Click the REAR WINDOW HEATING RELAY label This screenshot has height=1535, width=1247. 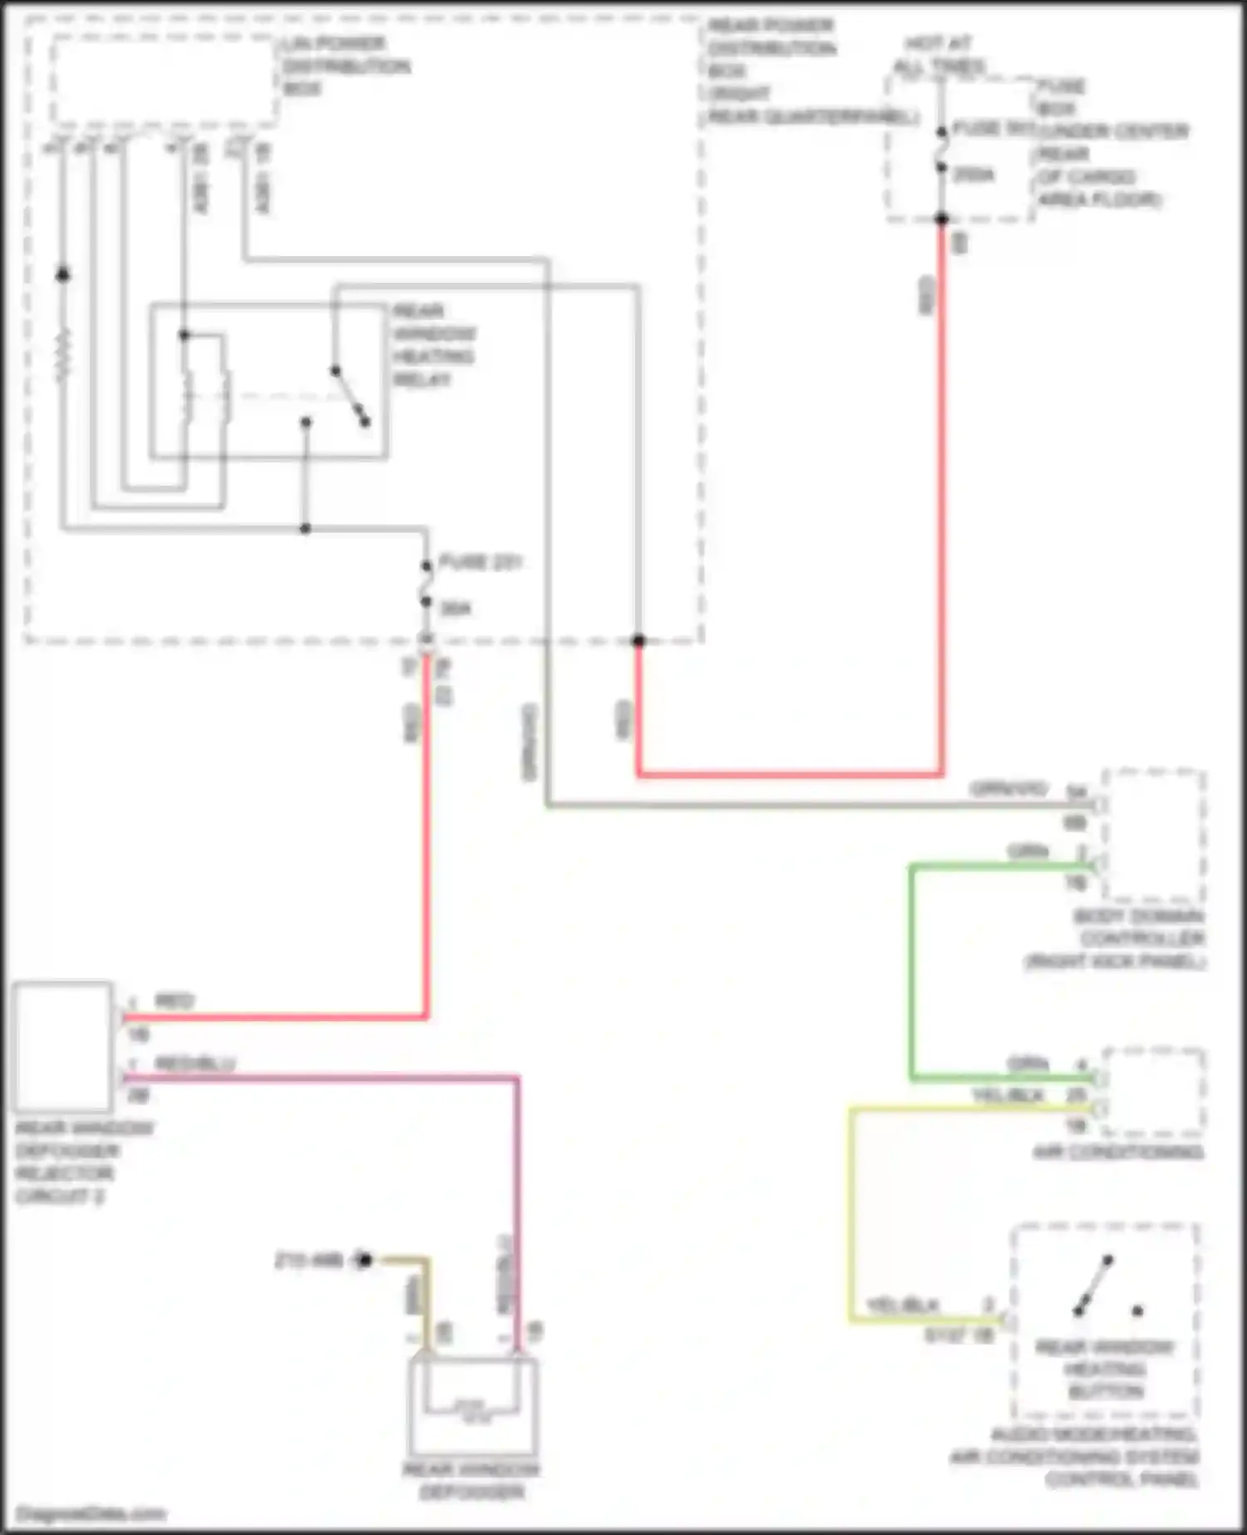click(x=433, y=345)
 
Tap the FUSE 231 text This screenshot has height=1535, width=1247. click(x=480, y=562)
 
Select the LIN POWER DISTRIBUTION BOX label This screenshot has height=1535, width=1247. click(x=345, y=66)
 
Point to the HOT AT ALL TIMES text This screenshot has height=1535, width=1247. click(x=939, y=55)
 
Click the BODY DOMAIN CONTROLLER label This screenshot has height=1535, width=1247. click(x=1139, y=939)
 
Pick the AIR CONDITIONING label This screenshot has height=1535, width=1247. click(x=1118, y=1152)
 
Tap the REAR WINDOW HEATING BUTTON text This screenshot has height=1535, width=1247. click(x=1105, y=1369)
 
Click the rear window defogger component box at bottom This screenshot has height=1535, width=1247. click(x=472, y=1405)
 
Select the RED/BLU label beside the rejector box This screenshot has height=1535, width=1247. click(x=195, y=1064)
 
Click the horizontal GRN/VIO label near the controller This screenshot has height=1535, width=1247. click(x=1008, y=788)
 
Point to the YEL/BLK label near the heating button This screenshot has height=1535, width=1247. click(x=902, y=1305)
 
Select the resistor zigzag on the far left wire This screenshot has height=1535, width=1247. click(x=63, y=355)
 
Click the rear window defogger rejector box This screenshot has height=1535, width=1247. click(x=62, y=1047)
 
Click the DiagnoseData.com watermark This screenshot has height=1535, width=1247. click(x=91, y=1513)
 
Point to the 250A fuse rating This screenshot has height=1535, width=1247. click(x=973, y=175)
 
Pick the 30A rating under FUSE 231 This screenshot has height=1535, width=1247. click(x=456, y=609)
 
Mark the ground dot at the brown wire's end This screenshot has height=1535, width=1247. click(x=363, y=1260)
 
